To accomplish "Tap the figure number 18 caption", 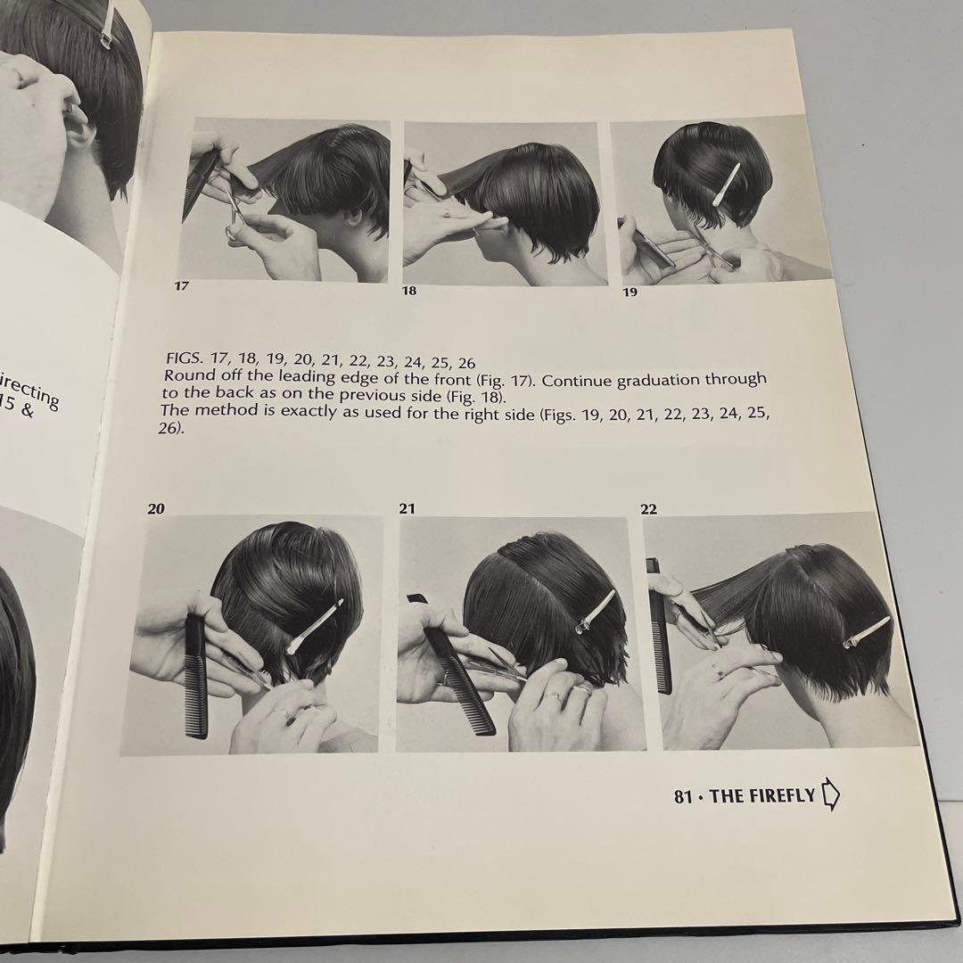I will coord(408,291).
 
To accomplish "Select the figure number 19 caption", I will coord(630,292).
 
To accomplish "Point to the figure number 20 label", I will coord(156,509).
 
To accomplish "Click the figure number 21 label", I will coord(407,509).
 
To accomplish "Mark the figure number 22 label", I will coord(648,509).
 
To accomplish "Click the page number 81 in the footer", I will coord(683,796).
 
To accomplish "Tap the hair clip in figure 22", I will coord(865,632).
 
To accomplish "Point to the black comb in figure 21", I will coord(459,678).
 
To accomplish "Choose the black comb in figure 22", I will coord(659,624).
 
